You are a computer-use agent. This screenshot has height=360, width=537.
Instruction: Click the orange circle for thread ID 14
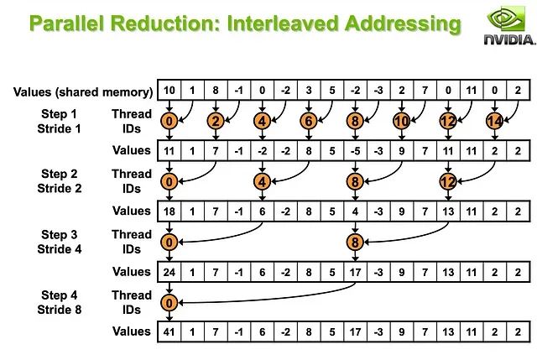[494, 122]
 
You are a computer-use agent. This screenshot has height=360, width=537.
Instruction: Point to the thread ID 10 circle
[402, 122]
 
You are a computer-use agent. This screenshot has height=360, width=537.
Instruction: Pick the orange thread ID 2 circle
[216, 122]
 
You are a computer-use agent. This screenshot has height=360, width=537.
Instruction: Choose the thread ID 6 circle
[310, 122]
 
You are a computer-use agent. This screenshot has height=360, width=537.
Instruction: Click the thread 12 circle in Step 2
[448, 181]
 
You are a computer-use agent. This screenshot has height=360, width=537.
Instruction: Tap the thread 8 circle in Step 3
[356, 243]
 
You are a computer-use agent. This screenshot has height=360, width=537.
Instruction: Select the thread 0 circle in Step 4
[170, 303]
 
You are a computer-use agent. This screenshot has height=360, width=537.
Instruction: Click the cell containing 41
[170, 331]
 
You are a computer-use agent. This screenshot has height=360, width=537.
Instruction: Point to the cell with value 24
[170, 271]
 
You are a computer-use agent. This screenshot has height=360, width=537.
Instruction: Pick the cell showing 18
[170, 211]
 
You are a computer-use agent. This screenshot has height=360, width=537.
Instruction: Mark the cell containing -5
[356, 151]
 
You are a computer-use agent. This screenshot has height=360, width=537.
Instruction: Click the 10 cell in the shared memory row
[170, 91]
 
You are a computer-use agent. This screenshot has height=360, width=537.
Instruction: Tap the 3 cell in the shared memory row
[310, 91]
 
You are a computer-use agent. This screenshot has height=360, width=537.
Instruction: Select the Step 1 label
[58, 114]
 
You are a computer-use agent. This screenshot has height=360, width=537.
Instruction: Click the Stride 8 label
[58, 310]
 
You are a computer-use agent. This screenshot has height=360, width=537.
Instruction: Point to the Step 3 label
[58, 235]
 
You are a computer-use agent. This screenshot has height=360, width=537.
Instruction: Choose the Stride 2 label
[58, 189]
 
